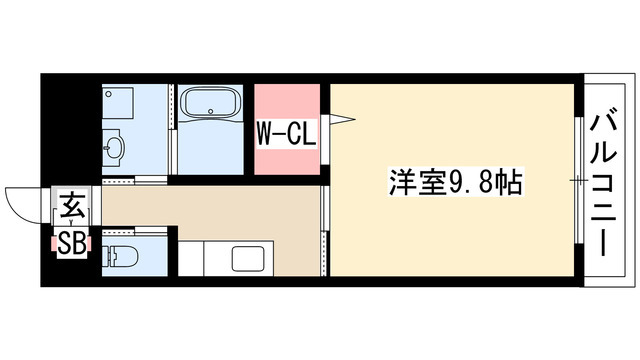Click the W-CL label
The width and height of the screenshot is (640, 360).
point(287,132)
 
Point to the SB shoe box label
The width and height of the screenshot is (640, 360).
point(70,242)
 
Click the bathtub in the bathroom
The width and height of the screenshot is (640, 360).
point(210,107)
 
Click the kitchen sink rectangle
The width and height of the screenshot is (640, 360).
point(248,259)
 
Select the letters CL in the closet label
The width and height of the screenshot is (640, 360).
point(302,132)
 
